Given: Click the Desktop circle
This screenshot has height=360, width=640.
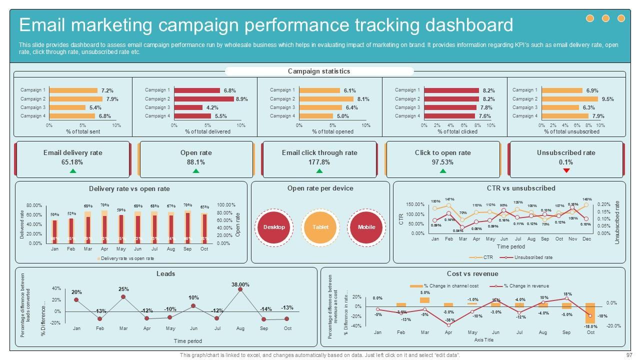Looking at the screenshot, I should pyautogui.click(x=274, y=227).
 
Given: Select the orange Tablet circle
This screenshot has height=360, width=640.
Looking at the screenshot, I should pyautogui.click(x=320, y=227).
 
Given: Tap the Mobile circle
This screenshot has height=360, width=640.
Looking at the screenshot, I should pyautogui.click(x=366, y=227).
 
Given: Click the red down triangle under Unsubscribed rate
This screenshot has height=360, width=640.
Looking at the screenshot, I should pyautogui.click(x=566, y=171).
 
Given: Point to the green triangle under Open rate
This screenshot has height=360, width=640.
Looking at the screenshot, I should pyautogui.click(x=196, y=171).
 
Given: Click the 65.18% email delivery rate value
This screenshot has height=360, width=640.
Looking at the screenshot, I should pyautogui.click(x=72, y=162).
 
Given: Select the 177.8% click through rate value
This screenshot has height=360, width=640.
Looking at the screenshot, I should pyautogui.click(x=319, y=162).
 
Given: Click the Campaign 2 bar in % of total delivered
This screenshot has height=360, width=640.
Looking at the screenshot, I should pyautogui.click(x=203, y=99).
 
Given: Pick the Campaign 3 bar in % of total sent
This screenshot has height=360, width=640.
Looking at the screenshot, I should pyautogui.click(x=67, y=107).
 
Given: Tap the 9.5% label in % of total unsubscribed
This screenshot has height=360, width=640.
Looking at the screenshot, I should pyautogui.click(x=607, y=99).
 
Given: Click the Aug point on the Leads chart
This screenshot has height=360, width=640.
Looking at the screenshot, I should pyautogui.click(x=240, y=289).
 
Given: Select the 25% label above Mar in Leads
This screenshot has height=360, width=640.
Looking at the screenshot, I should pyautogui.click(x=123, y=289).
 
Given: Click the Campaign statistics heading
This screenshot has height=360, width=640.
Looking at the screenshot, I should pyautogui.click(x=319, y=71).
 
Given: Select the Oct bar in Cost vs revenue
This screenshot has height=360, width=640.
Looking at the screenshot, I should pyautogui.click(x=590, y=312).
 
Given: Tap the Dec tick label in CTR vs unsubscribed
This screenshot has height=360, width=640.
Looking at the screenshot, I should pyautogui.click(x=586, y=239).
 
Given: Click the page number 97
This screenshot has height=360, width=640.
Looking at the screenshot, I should pyautogui.click(x=629, y=355).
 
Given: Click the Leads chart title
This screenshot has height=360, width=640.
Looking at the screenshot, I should pyautogui.click(x=166, y=274).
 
